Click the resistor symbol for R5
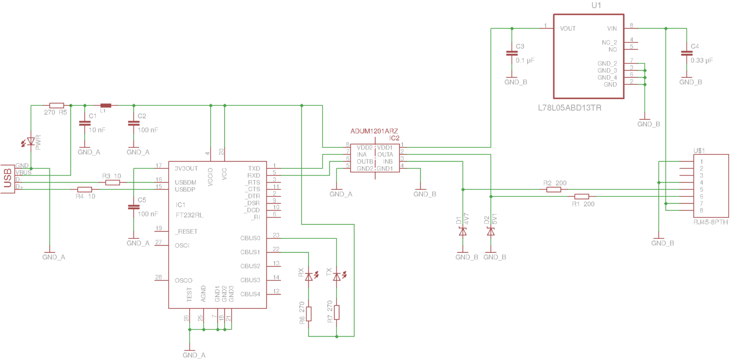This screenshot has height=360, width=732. [57, 105]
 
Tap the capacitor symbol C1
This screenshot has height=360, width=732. [85, 123]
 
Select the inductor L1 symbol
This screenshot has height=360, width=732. [105, 105]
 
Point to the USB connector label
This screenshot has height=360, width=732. [7, 178]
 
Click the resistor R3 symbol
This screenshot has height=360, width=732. [112, 183]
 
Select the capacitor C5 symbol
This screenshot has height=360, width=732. [133, 207]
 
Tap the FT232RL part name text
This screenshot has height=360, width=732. [189, 215]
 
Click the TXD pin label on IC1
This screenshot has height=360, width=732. [254, 168]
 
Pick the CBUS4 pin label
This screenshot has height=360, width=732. [250, 294]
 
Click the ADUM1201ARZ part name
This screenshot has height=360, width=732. [374, 131]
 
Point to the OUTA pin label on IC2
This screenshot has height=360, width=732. [385, 154]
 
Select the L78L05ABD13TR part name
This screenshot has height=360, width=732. [569, 108]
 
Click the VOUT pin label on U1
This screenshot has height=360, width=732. [568, 29]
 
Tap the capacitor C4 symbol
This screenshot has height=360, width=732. [687, 53]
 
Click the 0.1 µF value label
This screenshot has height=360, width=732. [525, 61]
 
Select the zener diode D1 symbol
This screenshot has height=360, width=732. [463, 232]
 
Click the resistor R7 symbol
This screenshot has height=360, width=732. [336, 312]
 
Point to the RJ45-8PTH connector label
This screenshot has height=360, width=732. [711, 222]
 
